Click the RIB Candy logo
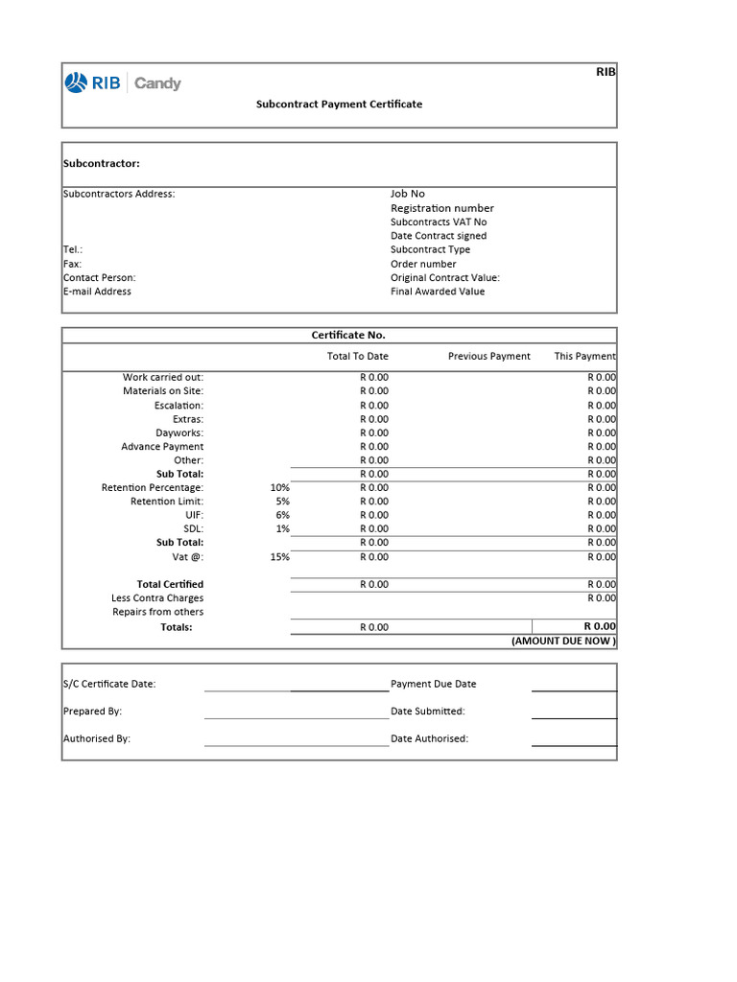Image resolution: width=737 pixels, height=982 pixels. (123, 83)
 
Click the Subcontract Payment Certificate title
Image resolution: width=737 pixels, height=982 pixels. (339, 104)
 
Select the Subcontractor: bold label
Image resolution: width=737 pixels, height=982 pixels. (102, 164)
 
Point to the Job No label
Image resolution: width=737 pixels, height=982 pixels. (407, 194)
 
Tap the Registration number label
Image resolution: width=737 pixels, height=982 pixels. (441, 208)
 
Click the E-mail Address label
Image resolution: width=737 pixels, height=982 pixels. (97, 292)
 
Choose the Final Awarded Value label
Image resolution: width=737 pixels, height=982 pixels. (438, 292)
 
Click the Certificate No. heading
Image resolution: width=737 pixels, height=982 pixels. (348, 335)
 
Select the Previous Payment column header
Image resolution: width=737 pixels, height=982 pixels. (488, 356)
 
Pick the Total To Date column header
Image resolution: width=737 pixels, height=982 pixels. (357, 356)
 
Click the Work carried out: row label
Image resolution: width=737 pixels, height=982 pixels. (163, 377)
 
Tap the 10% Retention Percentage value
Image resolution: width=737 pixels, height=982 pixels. (279, 487)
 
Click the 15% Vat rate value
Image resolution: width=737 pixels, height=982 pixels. (279, 556)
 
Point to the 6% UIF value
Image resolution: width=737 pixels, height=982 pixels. (282, 515)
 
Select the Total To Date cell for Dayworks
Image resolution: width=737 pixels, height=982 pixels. (374, 433)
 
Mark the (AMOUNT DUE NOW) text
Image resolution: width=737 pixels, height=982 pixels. (563, 641)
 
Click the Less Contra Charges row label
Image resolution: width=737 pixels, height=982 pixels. (157, 597)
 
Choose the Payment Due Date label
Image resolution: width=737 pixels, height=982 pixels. (433, 684)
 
